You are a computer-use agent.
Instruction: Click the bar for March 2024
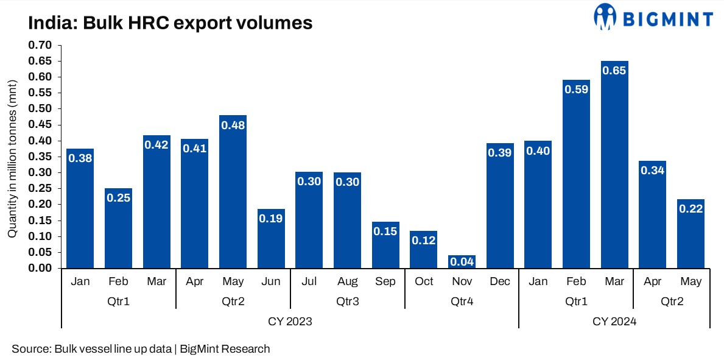tap(614, 164)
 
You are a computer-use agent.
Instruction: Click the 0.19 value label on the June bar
tap(271, 218)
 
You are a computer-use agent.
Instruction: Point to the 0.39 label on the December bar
tap(500, 153)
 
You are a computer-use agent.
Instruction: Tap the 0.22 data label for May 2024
tap(691, 208)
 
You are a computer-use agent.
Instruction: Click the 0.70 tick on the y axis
tap(41, 45)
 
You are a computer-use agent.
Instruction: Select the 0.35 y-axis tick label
tap(41, 157)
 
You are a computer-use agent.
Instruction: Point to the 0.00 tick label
tap(41, 268)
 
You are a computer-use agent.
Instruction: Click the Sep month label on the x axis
tap(385, 281)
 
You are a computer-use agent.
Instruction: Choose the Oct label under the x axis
tap(424, 281)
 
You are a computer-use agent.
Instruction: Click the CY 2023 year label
tap(290, 322)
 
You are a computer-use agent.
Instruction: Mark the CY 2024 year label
tap(614, 322)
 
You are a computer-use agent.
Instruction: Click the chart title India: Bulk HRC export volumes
tap(170, 23)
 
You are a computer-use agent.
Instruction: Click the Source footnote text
tap(141, 349)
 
